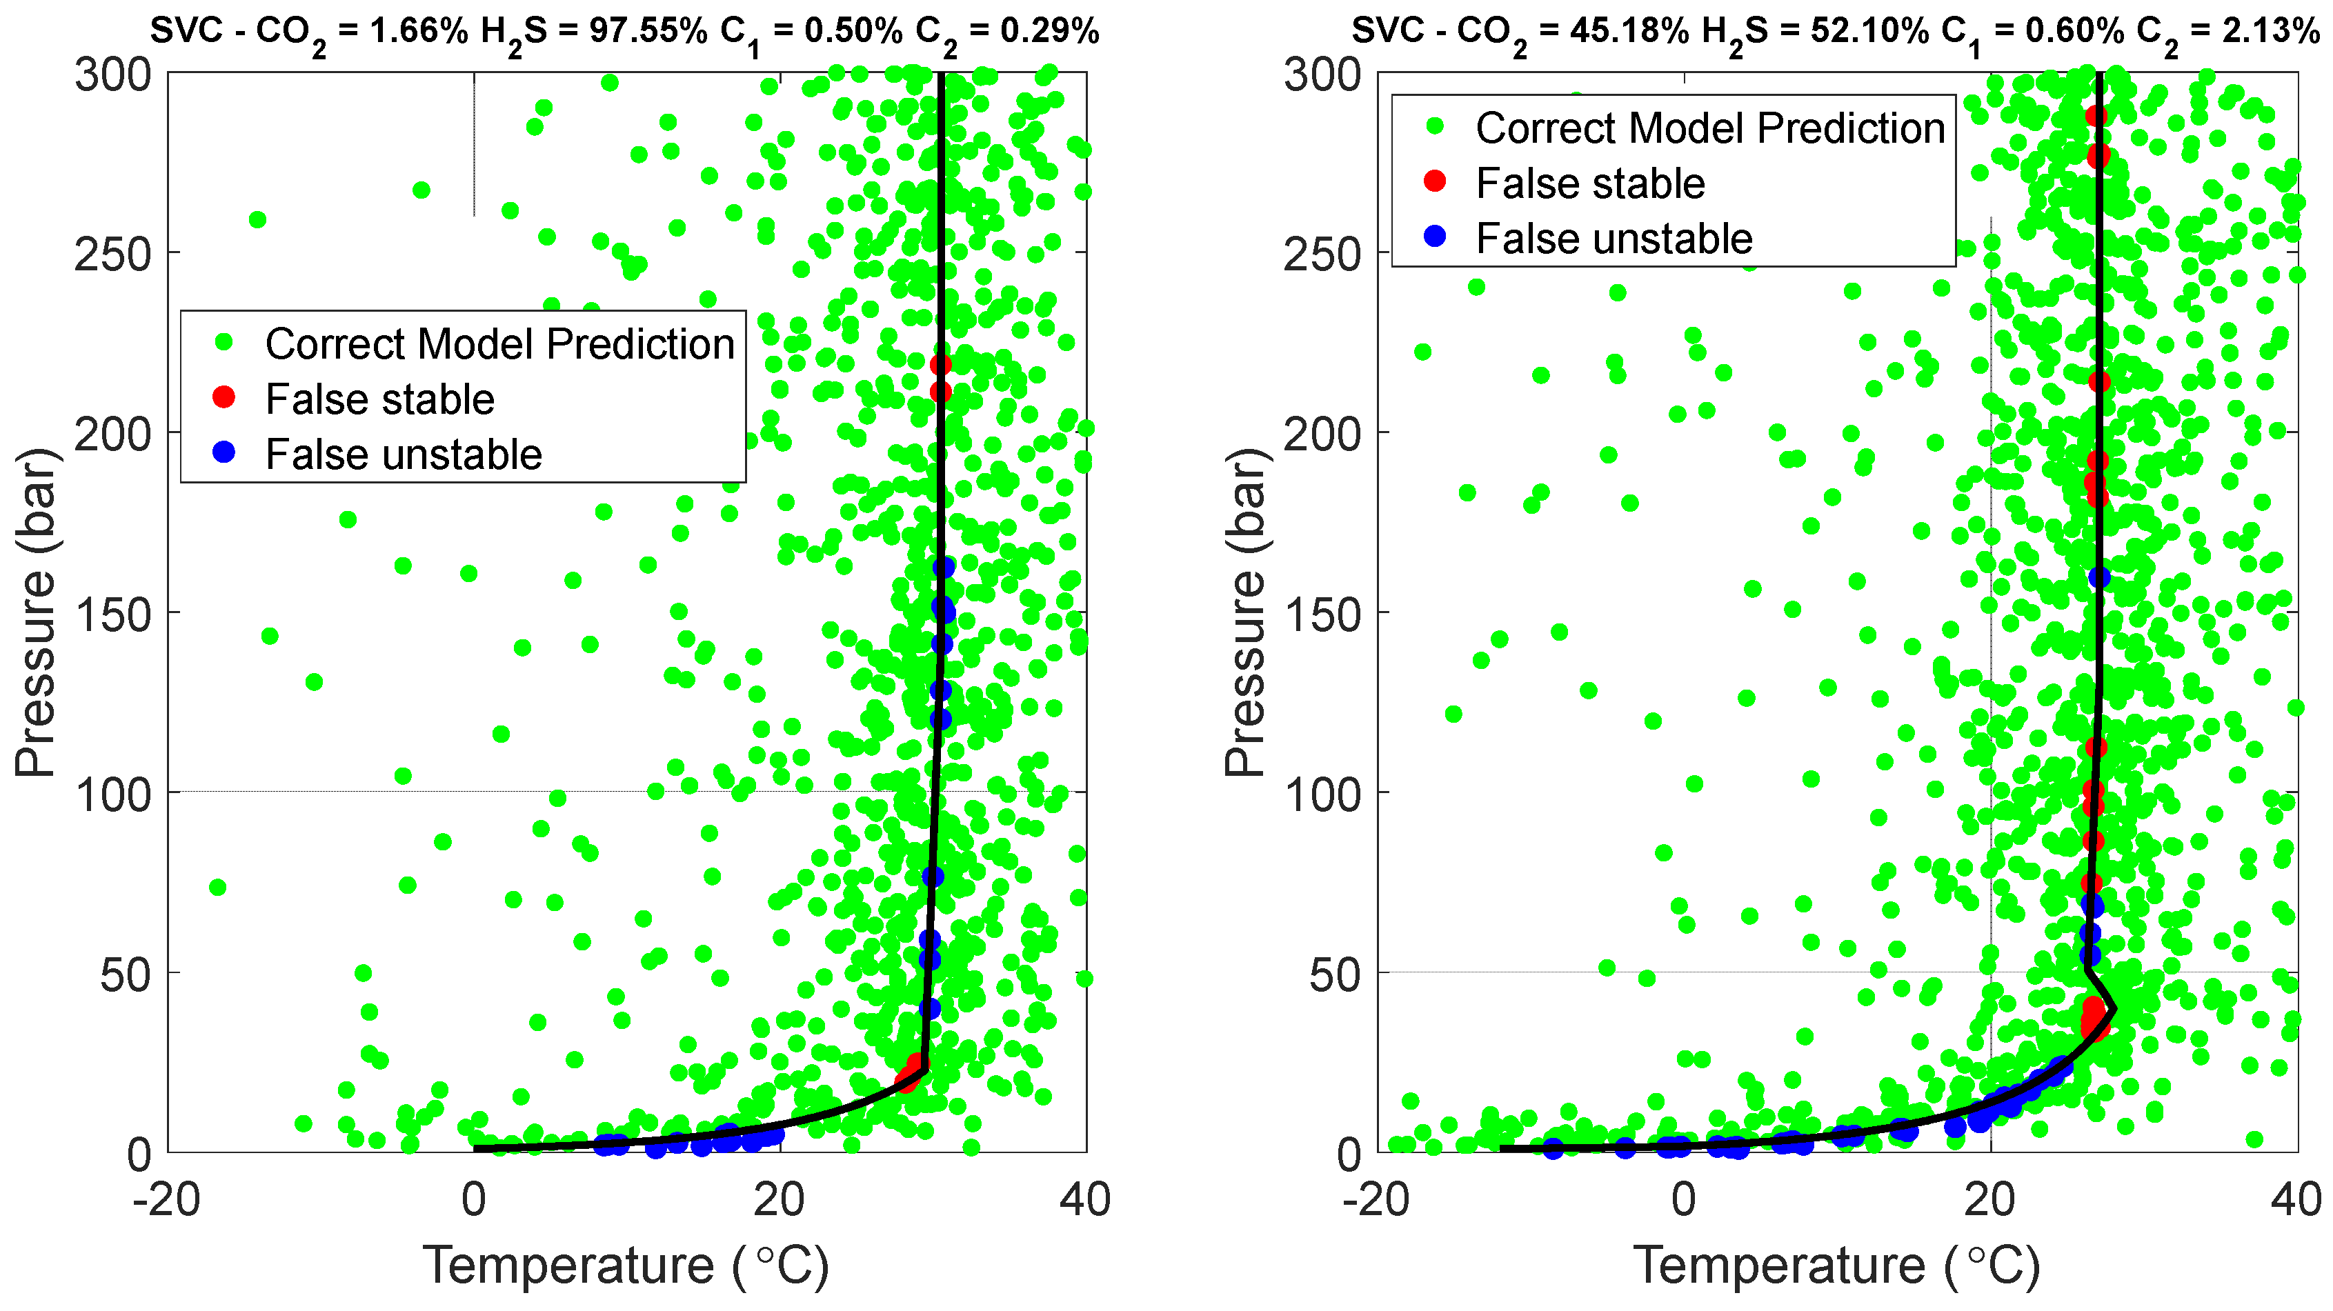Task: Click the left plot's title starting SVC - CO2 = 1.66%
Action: pos(624,32)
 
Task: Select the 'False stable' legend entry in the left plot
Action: pos(379,399)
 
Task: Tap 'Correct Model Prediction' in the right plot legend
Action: pos(1710,128)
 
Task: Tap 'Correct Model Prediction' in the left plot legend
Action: pos(499,344)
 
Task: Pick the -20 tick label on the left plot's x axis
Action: pos(166,1201)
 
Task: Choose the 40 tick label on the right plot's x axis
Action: pos(2296,1201)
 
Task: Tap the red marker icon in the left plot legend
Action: pos(224,397)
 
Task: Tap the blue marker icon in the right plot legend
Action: pos(1435,237)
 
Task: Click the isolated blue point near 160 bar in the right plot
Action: pos(2099,577)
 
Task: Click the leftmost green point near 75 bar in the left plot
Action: pos(217,888)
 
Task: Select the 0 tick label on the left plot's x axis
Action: pos(474,1201)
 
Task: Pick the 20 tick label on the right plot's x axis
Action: pos(1989,1201)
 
